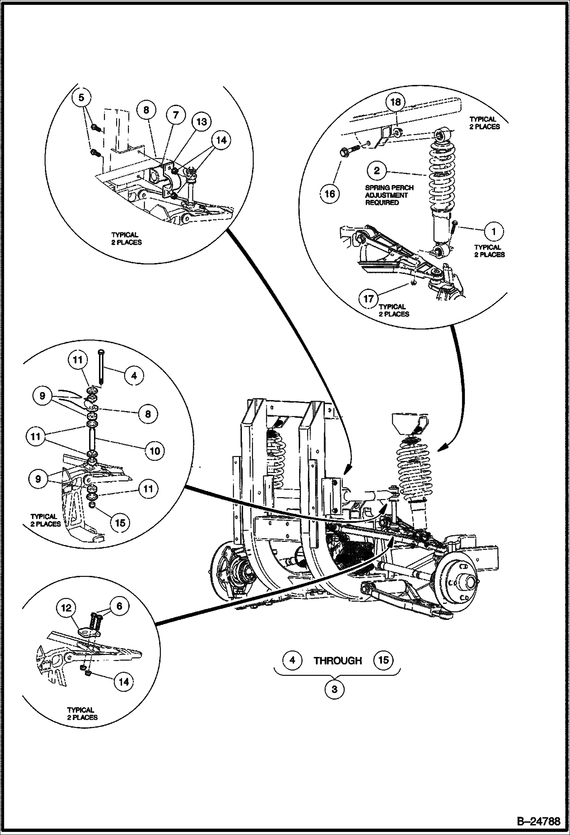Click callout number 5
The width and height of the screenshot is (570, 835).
(x=82, y=98)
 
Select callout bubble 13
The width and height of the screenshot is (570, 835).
(x=201, y=121)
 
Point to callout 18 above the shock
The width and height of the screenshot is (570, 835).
(x=396, y=102)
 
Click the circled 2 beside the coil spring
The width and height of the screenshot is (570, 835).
(x=376, y=170)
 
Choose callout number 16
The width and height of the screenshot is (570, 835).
(x=330, y=194)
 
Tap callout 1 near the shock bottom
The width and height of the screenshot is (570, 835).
(x=494, y=231)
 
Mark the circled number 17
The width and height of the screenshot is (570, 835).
(x=369, y=299)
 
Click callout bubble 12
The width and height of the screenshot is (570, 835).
(x=66, y=608)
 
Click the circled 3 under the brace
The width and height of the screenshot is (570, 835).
(x=334, y=689)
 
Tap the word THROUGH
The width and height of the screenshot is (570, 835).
(x=338, y=661)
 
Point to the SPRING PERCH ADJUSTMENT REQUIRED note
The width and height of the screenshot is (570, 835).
(x=389, y=195)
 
